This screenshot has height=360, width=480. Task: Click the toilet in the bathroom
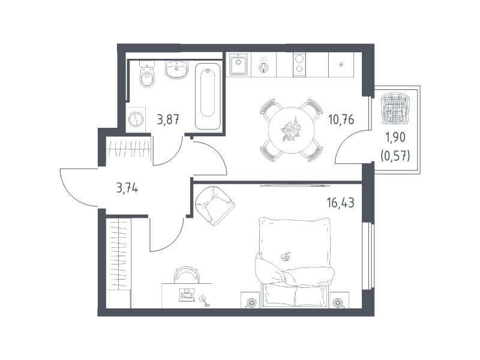(147, 74)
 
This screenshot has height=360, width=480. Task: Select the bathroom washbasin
(176, 70)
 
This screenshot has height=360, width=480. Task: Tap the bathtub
(208, 96)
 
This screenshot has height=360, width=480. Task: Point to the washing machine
(136, 119)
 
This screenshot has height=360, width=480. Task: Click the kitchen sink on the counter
(238, 65)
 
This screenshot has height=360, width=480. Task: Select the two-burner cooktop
(299, 64)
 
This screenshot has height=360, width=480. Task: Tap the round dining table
(291, 130)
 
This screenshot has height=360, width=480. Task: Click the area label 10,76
(341, 119)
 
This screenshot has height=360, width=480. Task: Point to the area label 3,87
(168, 119)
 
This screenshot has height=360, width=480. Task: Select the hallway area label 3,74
(127, 188)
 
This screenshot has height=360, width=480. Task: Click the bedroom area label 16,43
(340, 203)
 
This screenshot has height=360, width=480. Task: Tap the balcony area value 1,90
(395, 138)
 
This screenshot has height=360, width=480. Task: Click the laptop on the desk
(187, 295)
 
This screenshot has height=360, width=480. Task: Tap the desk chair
(187, 274)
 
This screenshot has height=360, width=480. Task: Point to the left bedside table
(250, 300)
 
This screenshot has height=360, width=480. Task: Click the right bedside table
(340, 300)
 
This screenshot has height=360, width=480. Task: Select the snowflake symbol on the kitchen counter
(341, 65)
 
